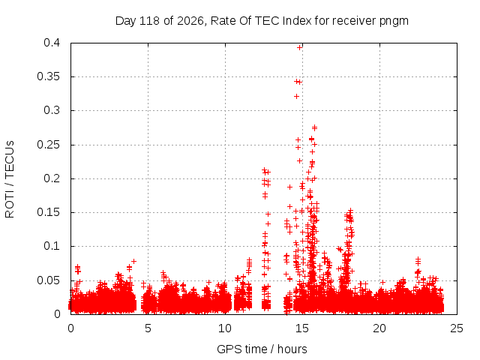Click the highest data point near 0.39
tap(300, 47)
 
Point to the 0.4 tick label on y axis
tap(52, 43)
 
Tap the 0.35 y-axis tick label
tap(48, 76)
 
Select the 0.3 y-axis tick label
tap(52, 110)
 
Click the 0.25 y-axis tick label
tap(48, 145)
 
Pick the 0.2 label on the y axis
tap(52, 178)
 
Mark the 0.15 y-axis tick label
tap(48, 212)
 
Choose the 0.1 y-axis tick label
tap(52, 246)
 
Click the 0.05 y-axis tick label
tap(48, 280)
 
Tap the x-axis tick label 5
tap(148, 328)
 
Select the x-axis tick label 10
tap(225, 328)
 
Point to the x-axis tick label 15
tap(302, 328)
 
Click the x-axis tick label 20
tap(379, 328)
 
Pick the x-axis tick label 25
tap(457, 328)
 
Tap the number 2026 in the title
tap(190, 21)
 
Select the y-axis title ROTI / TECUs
tap(10, 179)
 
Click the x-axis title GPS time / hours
tap(262, 349)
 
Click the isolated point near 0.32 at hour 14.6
tap(296, 97)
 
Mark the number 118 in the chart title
tap(150, 21)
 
